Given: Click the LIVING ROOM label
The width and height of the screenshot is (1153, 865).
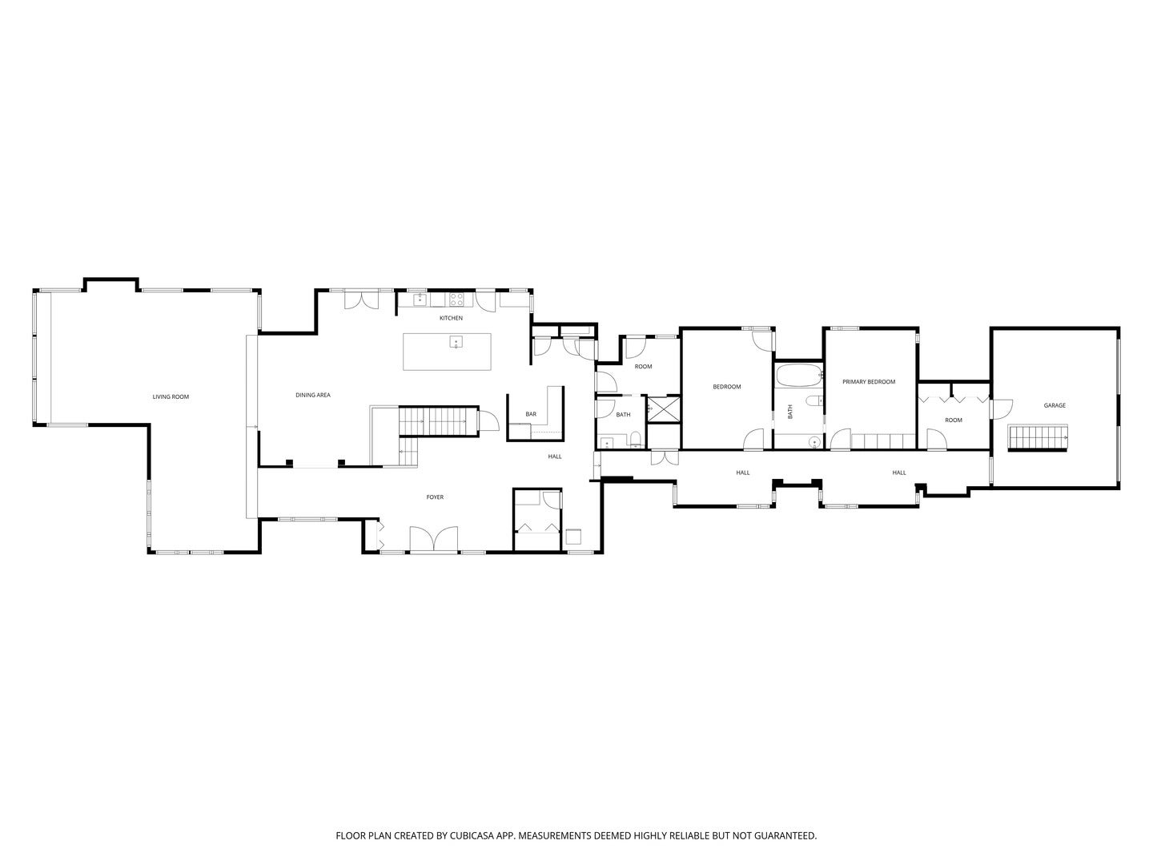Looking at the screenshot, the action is pos(171,396).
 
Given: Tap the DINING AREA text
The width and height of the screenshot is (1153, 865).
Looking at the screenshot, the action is pos(312,395).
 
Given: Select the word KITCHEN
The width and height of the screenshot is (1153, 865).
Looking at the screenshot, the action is pos(451,318).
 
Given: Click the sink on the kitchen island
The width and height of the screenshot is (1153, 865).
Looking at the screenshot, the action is pos(456,342).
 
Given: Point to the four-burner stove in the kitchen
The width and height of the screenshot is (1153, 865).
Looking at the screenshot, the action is pos(456,300).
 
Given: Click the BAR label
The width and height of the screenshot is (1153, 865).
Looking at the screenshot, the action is pos(531,414).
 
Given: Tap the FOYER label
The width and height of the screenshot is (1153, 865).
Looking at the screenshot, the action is pos(435,497).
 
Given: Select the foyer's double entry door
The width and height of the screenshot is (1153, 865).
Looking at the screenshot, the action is pos(433,539).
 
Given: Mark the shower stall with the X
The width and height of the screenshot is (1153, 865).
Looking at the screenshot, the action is pos(663,410).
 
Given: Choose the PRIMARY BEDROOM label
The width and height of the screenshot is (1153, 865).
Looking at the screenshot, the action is pos(868,382).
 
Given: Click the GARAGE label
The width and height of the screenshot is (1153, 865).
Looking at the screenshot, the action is pos(1055,405).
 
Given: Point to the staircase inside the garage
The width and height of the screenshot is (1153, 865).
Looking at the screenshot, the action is pos(1038,439).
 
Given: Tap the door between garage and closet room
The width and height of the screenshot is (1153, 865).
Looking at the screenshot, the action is pos(1000,409).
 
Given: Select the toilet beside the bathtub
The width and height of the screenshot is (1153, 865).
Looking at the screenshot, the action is pos(815,400).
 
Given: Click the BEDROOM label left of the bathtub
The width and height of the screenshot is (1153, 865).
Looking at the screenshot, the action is pos(726,387).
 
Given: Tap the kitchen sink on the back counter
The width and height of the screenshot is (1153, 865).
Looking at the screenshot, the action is pos(420,300).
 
